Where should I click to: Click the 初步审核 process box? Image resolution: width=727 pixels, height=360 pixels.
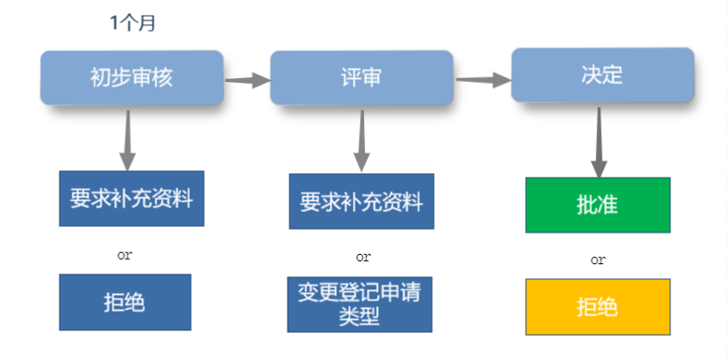point(131,77)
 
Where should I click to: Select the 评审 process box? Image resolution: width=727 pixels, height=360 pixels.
point(361,77)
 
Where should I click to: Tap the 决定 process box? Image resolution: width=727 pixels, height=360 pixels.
point(602,74)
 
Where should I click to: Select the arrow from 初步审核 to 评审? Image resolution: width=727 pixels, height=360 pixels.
point(247,80)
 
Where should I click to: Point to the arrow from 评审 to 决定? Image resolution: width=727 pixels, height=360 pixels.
point(482,79)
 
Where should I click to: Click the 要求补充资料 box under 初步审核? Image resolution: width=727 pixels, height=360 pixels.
point(125,199)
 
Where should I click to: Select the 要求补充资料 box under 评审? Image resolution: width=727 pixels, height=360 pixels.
point(361,202)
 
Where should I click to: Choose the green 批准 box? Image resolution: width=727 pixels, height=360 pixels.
point(598,205)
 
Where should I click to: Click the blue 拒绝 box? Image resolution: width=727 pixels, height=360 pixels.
point(125,302)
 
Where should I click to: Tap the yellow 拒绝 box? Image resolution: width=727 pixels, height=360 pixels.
point(598,306)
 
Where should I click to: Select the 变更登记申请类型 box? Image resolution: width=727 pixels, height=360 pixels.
point(360,304)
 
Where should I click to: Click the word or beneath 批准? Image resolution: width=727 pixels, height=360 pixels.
point(598,259)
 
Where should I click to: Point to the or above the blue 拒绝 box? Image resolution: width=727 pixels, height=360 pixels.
point(125,253)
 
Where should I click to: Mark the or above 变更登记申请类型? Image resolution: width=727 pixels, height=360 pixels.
point(363,256)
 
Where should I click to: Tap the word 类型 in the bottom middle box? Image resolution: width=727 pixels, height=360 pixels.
point(360,316)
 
